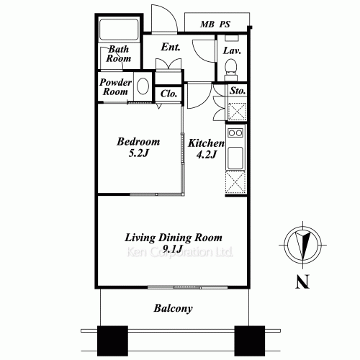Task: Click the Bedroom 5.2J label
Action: point(138,148)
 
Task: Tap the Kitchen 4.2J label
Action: point(207,149)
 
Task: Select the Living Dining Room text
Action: point(174,238)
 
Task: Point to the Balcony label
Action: point(173,309)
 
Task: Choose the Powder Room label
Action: point(114,87)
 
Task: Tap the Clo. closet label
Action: point(169,94)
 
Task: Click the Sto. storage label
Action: point(237,91)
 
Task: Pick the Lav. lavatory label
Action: point(231,51)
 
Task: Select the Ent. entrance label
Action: point(171,48)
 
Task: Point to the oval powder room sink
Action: point(143,87)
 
